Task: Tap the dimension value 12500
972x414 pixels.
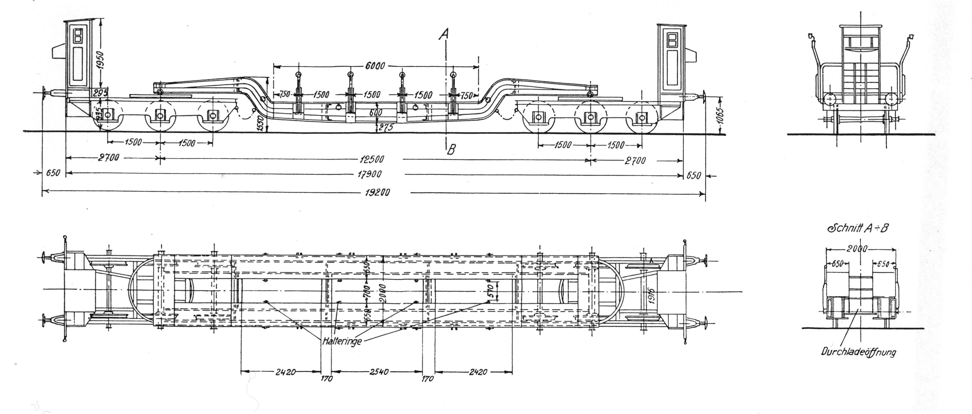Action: point(372,159)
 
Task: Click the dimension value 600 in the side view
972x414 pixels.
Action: point(376,112)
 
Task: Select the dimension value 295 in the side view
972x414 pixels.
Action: point(100,93)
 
